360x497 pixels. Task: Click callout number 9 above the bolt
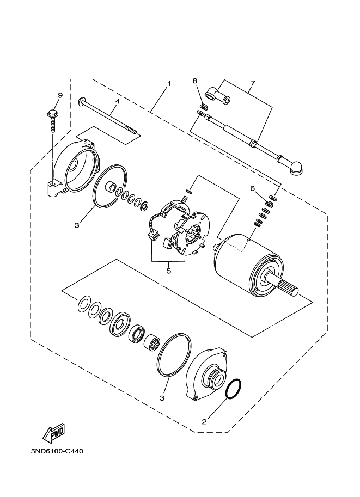pyautogui.click(x=60, y=95)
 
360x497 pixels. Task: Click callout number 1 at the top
pyautogui.click(x=169, y=84)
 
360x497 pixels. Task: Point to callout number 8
pyautogui.click(x=194, y=81)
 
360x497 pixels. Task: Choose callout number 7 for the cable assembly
pyautogui.click(x=252, y=84)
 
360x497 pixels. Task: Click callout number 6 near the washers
pyautogui.click(x=252, y=188)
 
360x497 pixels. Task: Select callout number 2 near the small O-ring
pyautogui.click(x=204, y=421)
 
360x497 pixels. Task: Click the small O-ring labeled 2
pyautogui.click(x=233, y=389)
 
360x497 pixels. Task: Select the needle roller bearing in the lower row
pyautogui.click(x=151, y=344)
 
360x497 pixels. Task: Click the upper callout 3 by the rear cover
pyautogui.click(x=77, y=224)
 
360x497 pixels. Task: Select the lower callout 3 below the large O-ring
pyautogui.click(x=162, y=398)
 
